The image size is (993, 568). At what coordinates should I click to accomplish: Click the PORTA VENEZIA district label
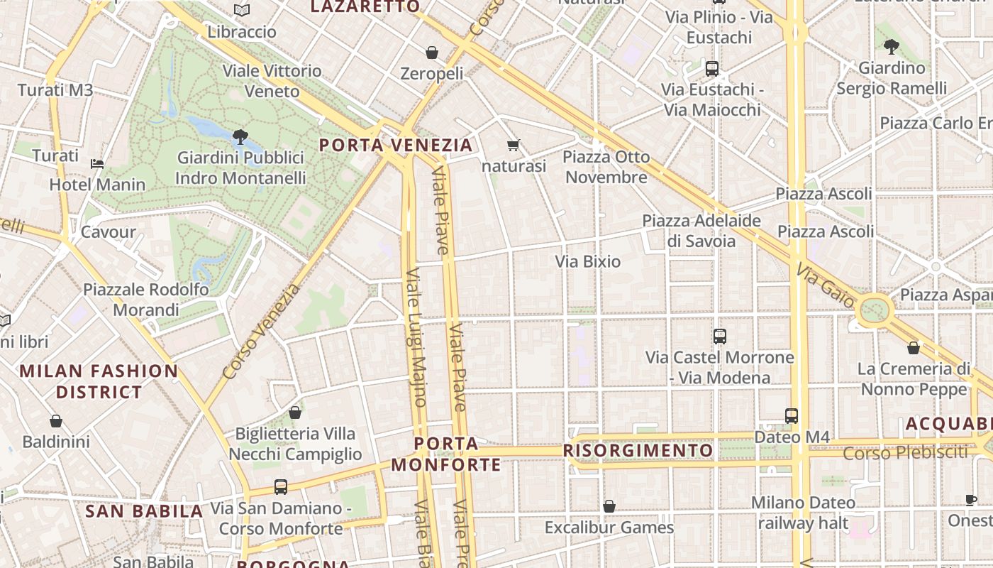(x=395, y=146)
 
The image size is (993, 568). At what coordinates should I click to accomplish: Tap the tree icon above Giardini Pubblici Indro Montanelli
(x=240, y=136)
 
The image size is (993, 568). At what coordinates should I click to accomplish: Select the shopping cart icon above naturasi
(x=514, y=146)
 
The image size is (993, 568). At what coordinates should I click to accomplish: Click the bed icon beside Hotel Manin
(x=97, y=163)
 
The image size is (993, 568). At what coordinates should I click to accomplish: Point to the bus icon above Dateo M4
(x=792, y=416)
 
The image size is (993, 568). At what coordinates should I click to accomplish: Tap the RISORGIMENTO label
(x=638, y=451)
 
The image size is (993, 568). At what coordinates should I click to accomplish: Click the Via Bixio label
(x=587, y=261)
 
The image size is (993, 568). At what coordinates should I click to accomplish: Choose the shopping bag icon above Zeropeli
(x=431, y=53)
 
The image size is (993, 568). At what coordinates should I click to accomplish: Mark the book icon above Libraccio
(x=242, y=10)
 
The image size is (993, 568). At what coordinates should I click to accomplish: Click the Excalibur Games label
(x=609, y=528)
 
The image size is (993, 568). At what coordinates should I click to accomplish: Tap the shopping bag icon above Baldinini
(x=56, y=421)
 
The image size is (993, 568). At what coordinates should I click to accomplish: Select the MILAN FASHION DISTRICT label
(x=99, y=381)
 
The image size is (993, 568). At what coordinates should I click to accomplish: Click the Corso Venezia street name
(x=261, y=332)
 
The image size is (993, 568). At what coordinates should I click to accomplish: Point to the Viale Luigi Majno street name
(x=416, y=337)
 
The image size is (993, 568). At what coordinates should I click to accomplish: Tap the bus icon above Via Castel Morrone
(x=719, y=337)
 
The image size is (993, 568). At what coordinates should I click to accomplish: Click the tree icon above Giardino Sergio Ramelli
(x=892, y=47)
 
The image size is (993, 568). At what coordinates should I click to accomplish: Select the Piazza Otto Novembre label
(x=606, y=167)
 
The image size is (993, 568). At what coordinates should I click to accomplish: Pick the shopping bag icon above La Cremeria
(x=914, y=348)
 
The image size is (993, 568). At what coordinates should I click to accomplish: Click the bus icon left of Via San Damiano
(x=281, y=487)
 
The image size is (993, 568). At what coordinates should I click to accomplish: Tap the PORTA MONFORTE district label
(x=446, y=454)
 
